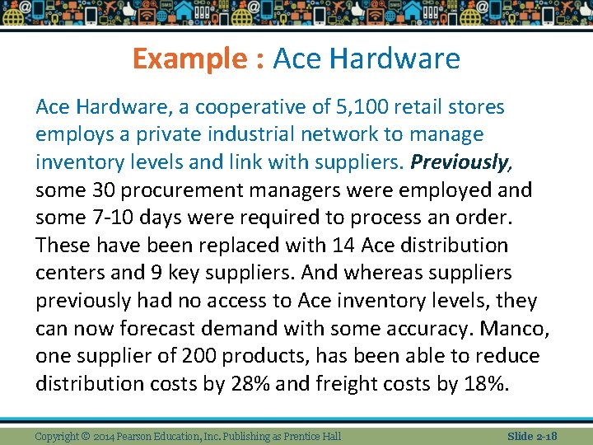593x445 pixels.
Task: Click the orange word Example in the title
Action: coord(189,59)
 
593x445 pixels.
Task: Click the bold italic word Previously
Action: coord(460,162)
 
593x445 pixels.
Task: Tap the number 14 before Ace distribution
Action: coord(343,246)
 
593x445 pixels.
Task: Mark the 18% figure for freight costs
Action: coord(488,384)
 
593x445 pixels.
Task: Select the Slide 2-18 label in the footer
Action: coord(532,436)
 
